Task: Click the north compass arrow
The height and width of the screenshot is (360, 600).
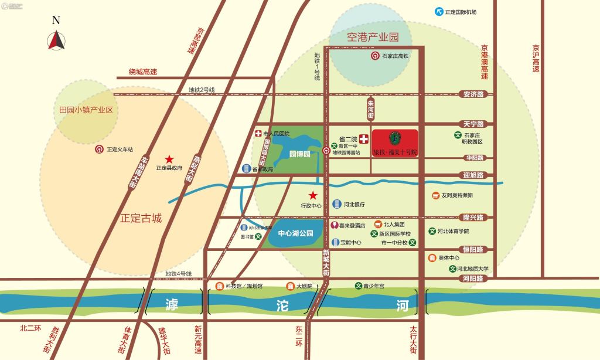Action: (x=56, y=40)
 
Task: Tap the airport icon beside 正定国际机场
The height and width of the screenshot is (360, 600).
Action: (x=438, y=12)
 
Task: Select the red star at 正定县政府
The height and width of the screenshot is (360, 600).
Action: (x=169, y=159)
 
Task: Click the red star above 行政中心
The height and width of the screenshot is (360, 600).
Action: (x=313, y=195)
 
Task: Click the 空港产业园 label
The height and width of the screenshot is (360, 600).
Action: (x=373, y=37)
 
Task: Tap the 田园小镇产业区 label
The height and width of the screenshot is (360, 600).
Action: (x=86, y=110)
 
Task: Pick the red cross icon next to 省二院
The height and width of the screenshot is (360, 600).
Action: (x=363, y=140)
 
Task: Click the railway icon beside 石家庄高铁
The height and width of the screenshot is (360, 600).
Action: (x=375, y=56)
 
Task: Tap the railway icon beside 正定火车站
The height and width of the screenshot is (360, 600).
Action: (x=100, y=150)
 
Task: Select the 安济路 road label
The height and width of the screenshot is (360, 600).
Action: (x=473, y=94)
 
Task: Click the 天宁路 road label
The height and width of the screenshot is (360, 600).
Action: (x=473, y=124)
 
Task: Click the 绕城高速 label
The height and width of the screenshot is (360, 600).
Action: (x=144, y=72)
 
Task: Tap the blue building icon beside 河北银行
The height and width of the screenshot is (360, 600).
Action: (x=337, y=204)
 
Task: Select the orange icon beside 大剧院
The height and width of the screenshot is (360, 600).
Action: (x=289, y=286)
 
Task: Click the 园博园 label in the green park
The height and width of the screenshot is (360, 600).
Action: (x=299, y=155)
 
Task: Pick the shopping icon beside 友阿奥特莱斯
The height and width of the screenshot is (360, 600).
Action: (x=435, y=195)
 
